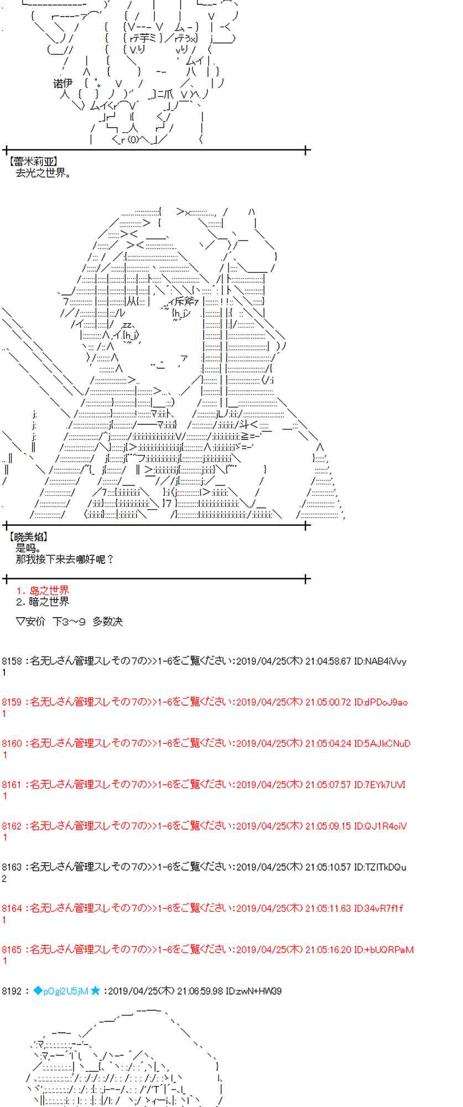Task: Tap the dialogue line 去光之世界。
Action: click(x=44, y=172)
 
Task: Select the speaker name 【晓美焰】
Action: click(x=29, y=536)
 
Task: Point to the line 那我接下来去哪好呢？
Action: click(x=65, y=559)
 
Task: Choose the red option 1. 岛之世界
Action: click(x=43, y=591)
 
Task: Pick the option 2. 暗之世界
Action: click(x=43, y=602)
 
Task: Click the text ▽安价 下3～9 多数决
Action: click(x=69, y=622)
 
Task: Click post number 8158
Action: click(x=12, y=661)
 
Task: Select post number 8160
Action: click(x=12, y=743)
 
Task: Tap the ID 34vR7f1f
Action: click(x=378, y=908)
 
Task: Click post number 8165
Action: click(x=12, y=950)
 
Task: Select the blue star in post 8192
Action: click(x=96, y=991)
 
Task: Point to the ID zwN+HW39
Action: click(x=254, y=991)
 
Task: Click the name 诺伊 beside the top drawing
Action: click(x=63, y=83)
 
